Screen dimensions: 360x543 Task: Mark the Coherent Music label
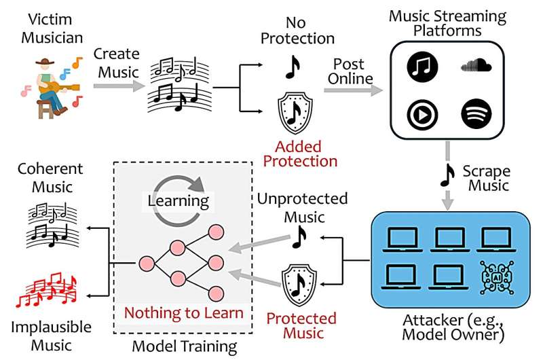point(41,177)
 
